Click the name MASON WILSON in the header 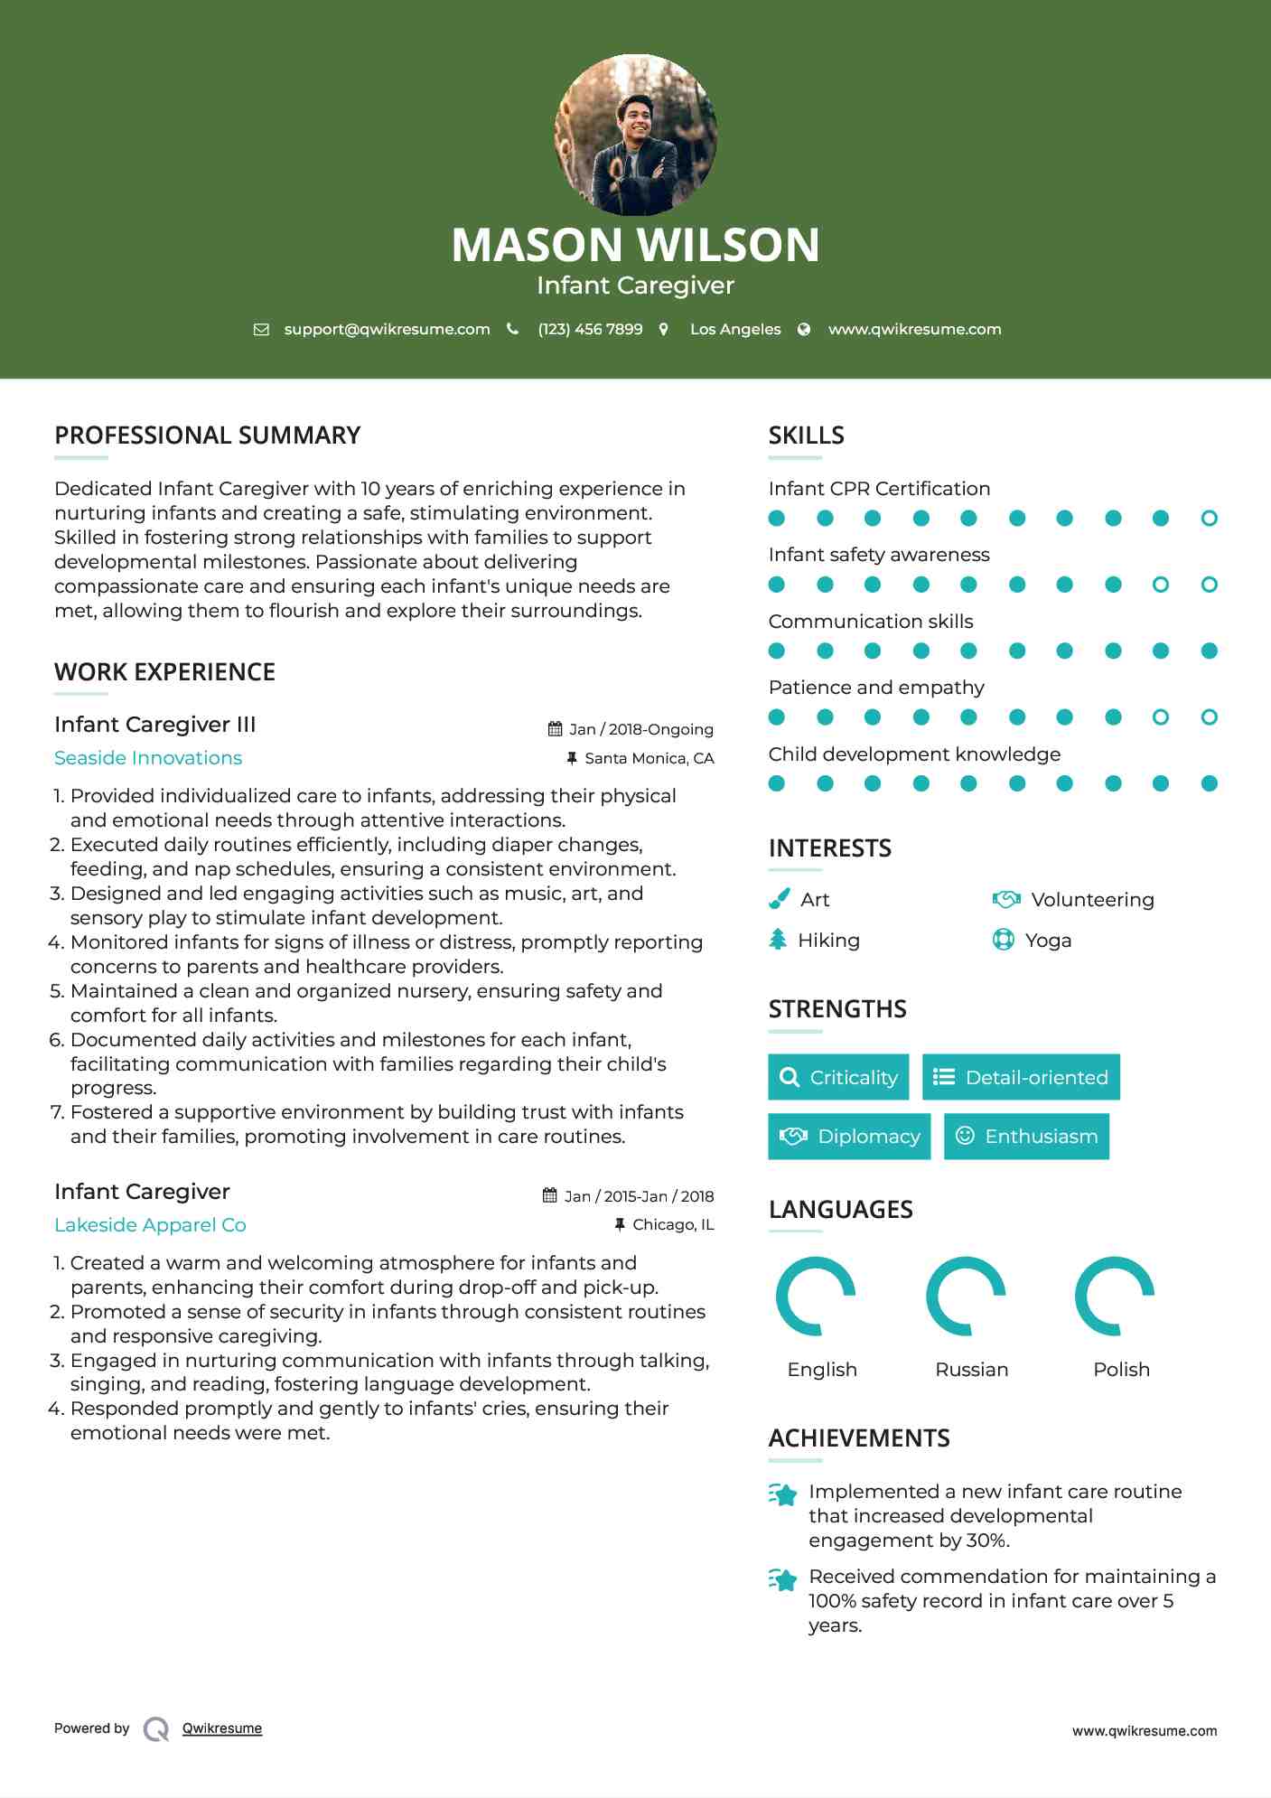[x=635, y=245]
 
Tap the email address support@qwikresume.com [x=387, y=330]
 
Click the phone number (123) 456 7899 [x=590, y=330]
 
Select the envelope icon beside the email [x=261, y=330]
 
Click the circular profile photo [x=635, y=136]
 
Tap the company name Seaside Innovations [x=148, y=758]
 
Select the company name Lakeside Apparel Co [x=150, y=1225]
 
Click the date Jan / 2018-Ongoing [x=640, y=729]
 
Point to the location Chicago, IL [x=673, y=1224]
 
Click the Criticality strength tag [x=838, y=1077]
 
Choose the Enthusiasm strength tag [x=1026, y=1136]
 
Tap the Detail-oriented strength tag [x=1021, y=1077]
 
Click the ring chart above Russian [x=966, y=1296]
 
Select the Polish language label [x=1121, y=1370]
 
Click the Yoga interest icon [x=1004, y=940]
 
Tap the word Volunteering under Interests [x=1092, y=900]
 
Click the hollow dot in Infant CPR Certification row [x=1209, y=519]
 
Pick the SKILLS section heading [x=806, y=435]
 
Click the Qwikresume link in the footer [x=222, y=1728]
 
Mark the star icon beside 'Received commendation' [x=783, y=1579]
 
